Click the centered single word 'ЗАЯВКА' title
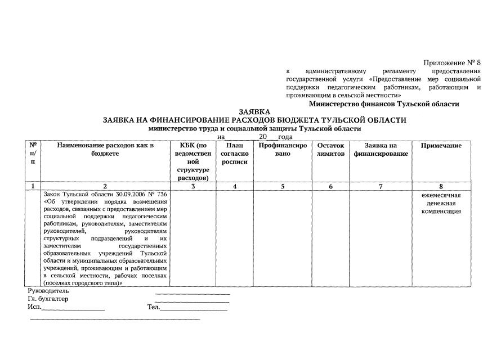click(254, 112)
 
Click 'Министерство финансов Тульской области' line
click(384, 104)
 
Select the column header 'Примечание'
click(441, 146)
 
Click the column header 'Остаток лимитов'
click(330, 150)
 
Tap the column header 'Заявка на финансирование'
click(381, 150)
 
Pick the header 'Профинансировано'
click(283, 150)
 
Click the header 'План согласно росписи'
click(234, 154)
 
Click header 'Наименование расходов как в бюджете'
click(105, 150)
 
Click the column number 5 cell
click(283, 186)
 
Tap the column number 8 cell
click(441, 186)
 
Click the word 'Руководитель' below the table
click(48, 291)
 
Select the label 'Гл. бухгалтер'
click(48, 299)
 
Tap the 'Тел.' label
click(153, 307)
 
